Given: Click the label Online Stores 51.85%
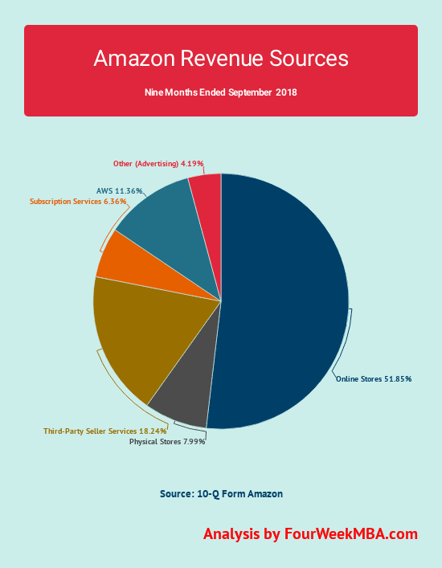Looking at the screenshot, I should [373, 379].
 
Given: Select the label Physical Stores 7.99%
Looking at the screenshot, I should [167, 441].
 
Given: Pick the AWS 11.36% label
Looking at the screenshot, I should [120, 191].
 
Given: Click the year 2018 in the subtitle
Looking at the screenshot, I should [286, 92].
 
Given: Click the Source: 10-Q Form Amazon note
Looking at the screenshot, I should [221, 493].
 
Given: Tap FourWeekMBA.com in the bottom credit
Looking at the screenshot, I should [351, 534].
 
